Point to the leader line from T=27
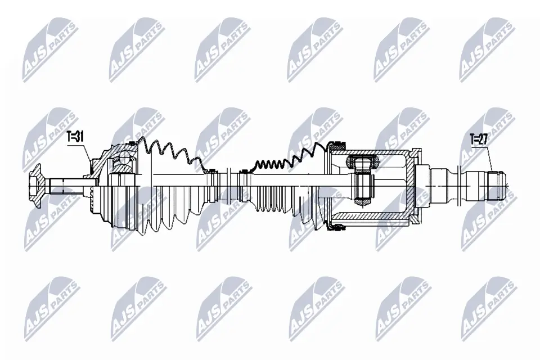coord(488,158)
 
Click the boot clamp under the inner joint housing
coord(337,226)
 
